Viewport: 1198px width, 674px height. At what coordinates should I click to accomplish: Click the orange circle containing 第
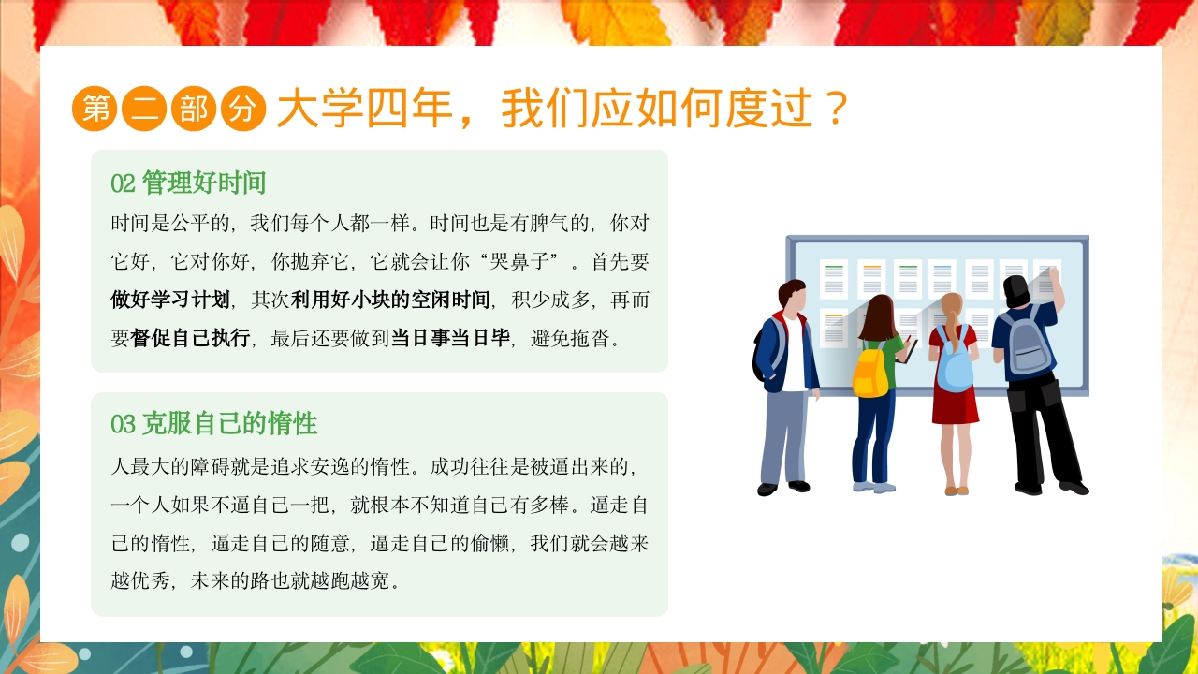(95, 110)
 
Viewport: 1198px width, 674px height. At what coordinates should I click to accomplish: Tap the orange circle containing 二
(145, 110)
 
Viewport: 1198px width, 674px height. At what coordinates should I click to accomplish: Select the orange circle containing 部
(194, 110)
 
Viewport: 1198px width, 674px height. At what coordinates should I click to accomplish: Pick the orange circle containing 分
(243, 110)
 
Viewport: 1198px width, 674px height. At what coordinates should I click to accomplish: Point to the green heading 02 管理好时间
(188, 183)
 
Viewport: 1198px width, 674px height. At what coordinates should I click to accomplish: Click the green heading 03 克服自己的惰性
(214, 424)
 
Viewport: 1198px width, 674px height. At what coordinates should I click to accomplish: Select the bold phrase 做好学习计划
(170, 300)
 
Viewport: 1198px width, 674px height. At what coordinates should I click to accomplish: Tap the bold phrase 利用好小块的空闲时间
(390, 300)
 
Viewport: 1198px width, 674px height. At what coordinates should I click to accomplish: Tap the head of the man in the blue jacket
(792, 296)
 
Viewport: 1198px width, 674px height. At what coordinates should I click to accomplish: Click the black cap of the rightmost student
(1016, 286)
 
